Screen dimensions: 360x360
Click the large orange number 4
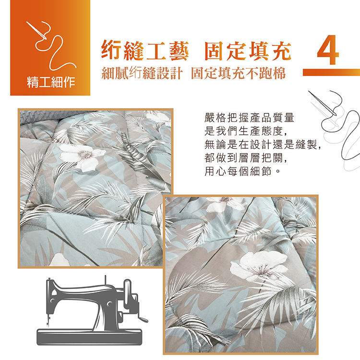[x=328, y=49]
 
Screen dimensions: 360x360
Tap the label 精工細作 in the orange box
[x=51, y=82]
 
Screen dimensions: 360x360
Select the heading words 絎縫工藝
[x=145, y=50]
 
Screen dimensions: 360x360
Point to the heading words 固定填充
[x=248, y=51]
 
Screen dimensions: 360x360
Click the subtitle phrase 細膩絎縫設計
[x=142, y=73]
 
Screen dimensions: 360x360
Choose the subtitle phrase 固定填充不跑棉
[x=238, y=73]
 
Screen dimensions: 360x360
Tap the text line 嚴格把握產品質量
[x=249, y=118]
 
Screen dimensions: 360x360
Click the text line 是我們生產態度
[x=246, y=131]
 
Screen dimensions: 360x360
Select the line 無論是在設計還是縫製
[x=263, y=144]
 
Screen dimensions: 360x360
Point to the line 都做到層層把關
[x=246, y=158]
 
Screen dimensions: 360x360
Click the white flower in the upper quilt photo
[x=81, y=156]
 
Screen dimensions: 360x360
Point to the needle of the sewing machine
[x=48, y=320]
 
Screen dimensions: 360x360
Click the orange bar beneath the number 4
[x=331, y=72]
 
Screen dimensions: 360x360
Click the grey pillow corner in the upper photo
[x=37, y=118]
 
